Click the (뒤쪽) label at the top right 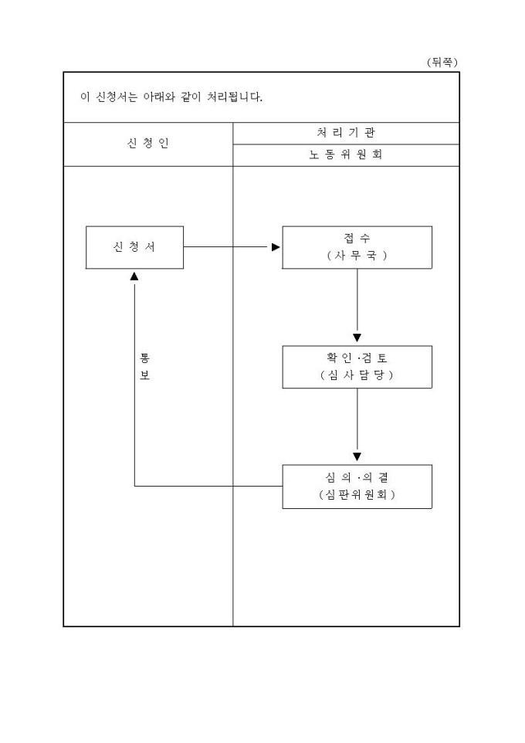(x=442, y=62)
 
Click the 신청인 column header (x=147, y=144)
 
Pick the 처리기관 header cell (x=346, y=133)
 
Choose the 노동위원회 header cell (x=346, y=154)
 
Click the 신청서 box (x=134, y=247)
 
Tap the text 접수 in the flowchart (x=357, y=238)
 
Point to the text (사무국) (x=357, y=256)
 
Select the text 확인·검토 (x=357, y=358)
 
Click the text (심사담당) (x=357, y=375)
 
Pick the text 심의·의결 (x=357, y=477)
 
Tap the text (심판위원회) (x=357, y=495)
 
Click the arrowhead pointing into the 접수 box (x=276, y=248)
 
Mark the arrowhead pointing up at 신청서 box (x=134, y=275)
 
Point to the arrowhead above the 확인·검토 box (x=357, y=338)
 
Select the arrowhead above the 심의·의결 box (x=357, y=456)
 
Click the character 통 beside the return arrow (x=144, y=358)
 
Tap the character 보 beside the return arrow (x=144, y=375)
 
